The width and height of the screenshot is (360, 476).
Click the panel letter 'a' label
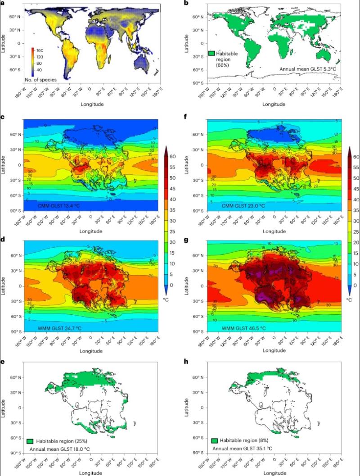click(3, 4)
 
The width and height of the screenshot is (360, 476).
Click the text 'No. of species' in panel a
click(41, 79)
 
